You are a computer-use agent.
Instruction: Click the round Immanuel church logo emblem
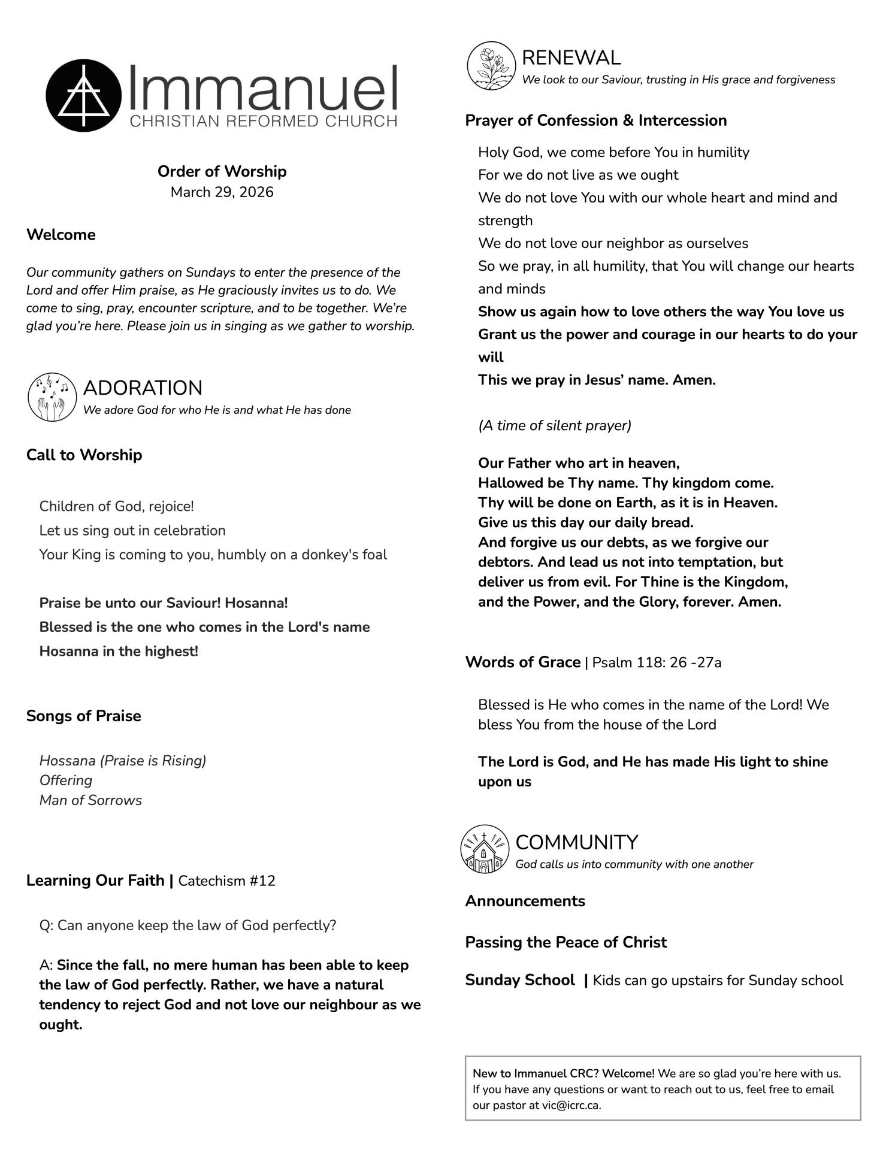pyautogui.click(x=83, y=95)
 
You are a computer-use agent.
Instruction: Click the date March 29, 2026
pyautogui.click(x=222, y=192)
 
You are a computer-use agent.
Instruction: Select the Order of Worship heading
pyautogui.click(x=222, y=171)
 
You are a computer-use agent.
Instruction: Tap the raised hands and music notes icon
pyautogui.click(x=52, y=397)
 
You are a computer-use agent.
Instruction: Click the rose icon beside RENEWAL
pyautogui.click(x=491, y=66)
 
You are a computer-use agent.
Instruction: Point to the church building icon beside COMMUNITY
pyautogui.click(x=485, y=849)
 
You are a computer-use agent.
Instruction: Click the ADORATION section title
pyautogui.click(x=143, y=388)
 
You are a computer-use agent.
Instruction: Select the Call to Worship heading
pyautogui.click(x=84, y=455)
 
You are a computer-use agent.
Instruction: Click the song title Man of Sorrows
pyautogui.click(x=90, y=800)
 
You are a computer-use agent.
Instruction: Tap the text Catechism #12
pyautogui.click(x=226, y=881)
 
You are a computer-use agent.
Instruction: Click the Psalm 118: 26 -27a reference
pyautogui.click(x=657, y=662)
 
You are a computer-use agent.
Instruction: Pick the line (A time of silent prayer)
pyautogui.click(x=554, y=425)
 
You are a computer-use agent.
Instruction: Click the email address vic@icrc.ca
pyautogui.click(x=570, y=1106)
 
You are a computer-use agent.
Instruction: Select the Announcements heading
pyautogui.click(x=525, y=901)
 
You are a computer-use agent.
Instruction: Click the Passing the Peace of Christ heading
pyautogui.click(x=566, y=942)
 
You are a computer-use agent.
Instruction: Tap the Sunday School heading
pyautogui.click(x=519, y=980)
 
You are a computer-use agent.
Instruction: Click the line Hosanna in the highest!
pyautogui.click(x=119, y=651)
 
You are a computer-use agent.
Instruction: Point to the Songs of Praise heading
pyautogui.click(x=84, y=716)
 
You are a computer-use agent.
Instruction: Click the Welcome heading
pyautogui.click(x=61, y=235)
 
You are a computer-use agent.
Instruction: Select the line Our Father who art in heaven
pyautogui.click(x=579, y=463)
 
